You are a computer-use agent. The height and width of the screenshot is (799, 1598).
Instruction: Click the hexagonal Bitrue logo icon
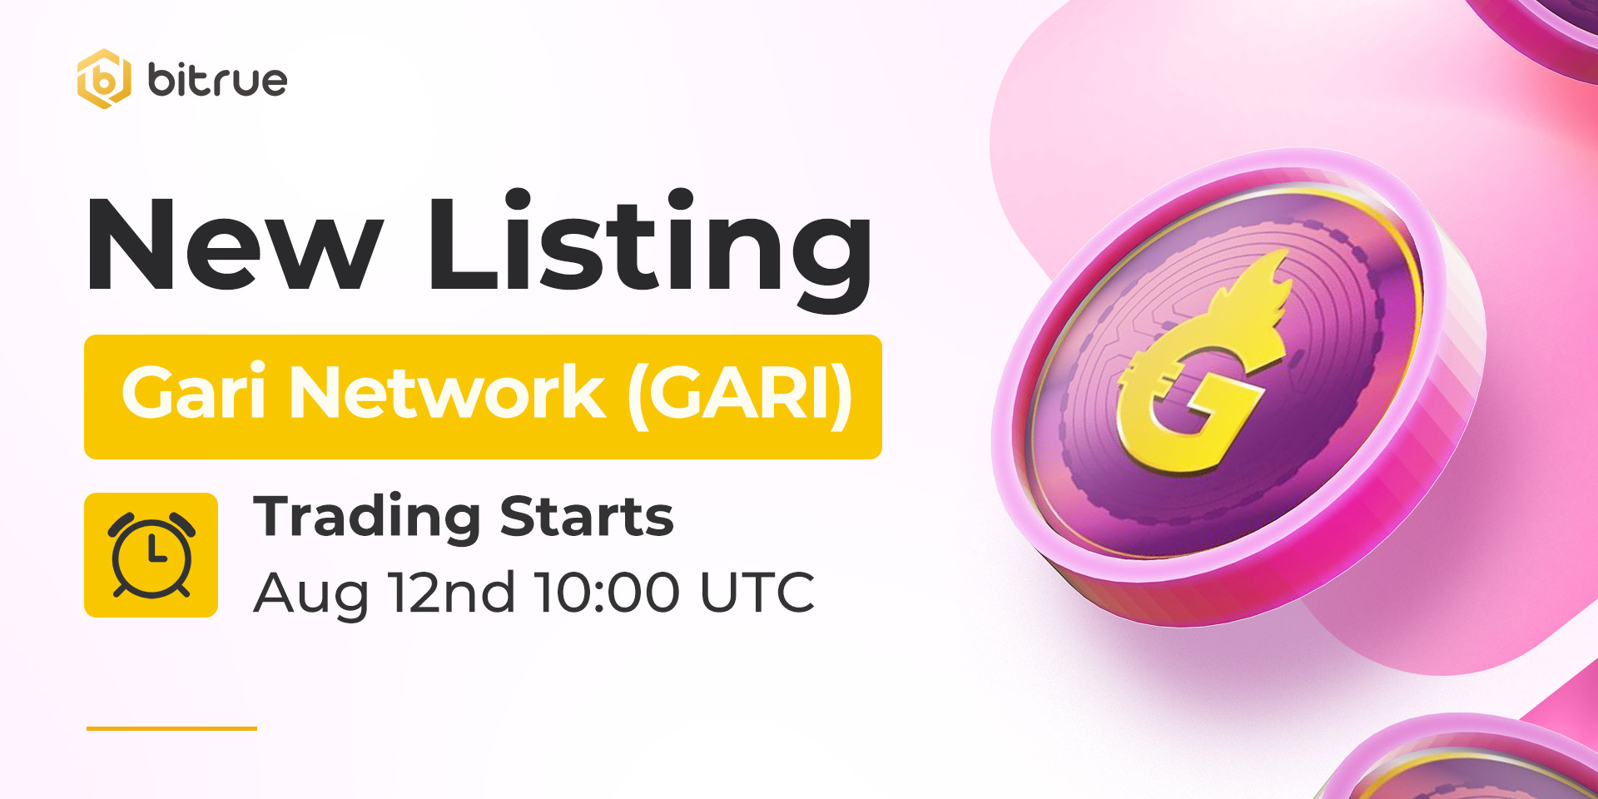pos(104,79)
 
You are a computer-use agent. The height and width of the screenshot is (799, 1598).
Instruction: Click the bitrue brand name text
pos(217,80)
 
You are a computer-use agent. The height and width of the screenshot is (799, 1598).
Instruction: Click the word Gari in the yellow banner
pos(193,392)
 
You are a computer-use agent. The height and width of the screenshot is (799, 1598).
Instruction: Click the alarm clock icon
pos(151,554)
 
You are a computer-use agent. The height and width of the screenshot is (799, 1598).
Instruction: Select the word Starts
pos(587,517)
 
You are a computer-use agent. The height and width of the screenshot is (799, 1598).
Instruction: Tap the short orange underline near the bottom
pos(171,728)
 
